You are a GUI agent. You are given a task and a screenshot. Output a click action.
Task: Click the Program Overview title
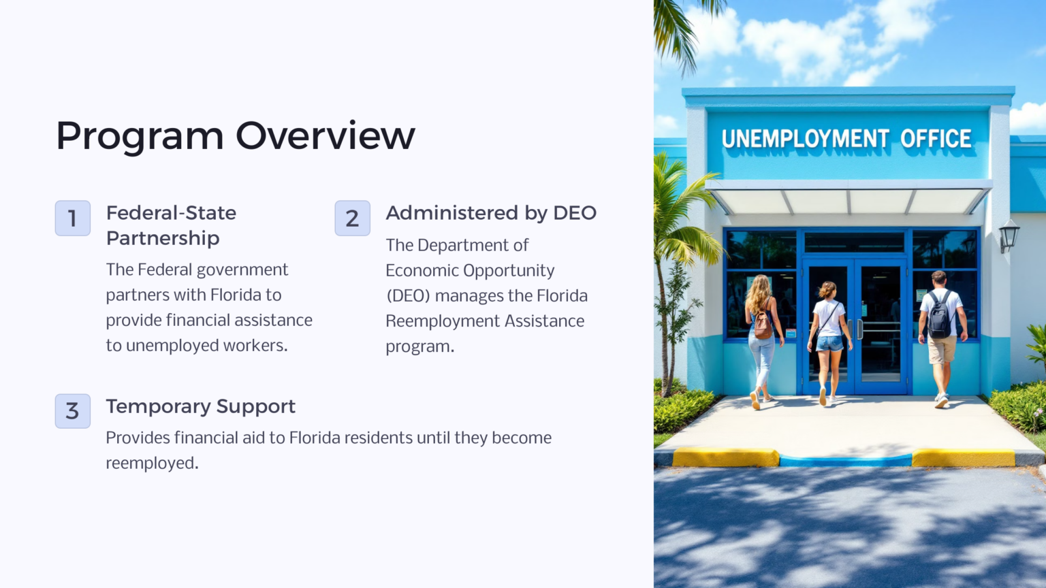pyautogui.click(x=235, y=135)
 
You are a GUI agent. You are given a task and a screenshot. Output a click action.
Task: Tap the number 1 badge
pyautogui.click(x=73, y=218)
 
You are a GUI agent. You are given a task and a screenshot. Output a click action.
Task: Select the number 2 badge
pyautogui.click(x=352, y=218)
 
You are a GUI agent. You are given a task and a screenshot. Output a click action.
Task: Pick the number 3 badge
pyautogui.click(x=73, y=411)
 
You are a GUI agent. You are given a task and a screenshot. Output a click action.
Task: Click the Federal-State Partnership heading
pyautogui.click(x=171, y=225)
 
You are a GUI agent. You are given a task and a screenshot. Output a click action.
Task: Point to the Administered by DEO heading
pyautogui.click(x=490, y=213)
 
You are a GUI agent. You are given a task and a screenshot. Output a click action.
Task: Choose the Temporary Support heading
pyautogui.click(x=200, y=406)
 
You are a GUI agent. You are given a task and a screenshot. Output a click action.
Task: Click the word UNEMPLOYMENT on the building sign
pyautogui.click(x=805, y=139)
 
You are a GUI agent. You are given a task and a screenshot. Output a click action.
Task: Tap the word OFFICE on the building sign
pyautogui.click(x=936, y=139)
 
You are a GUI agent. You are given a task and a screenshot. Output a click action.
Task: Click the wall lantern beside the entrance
pyautogui.click(x=1009, y=235)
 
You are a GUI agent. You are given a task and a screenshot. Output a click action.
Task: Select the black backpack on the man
pyautogui.click(x=940, y=316)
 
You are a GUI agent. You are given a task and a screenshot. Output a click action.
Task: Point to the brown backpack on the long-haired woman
pyautogui.click(x=764, y=324)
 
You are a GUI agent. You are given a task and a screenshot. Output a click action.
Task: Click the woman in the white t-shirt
pyautogui.click(x=829, y=333)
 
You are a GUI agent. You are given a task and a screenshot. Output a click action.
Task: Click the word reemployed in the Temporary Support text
pyautogui.click(x=150, y=463)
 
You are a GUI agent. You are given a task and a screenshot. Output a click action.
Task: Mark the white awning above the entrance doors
pyautogui.click(x=849, y=199)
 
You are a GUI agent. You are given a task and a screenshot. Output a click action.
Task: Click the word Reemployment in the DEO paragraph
pyautogui.click(x=438, y=321)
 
